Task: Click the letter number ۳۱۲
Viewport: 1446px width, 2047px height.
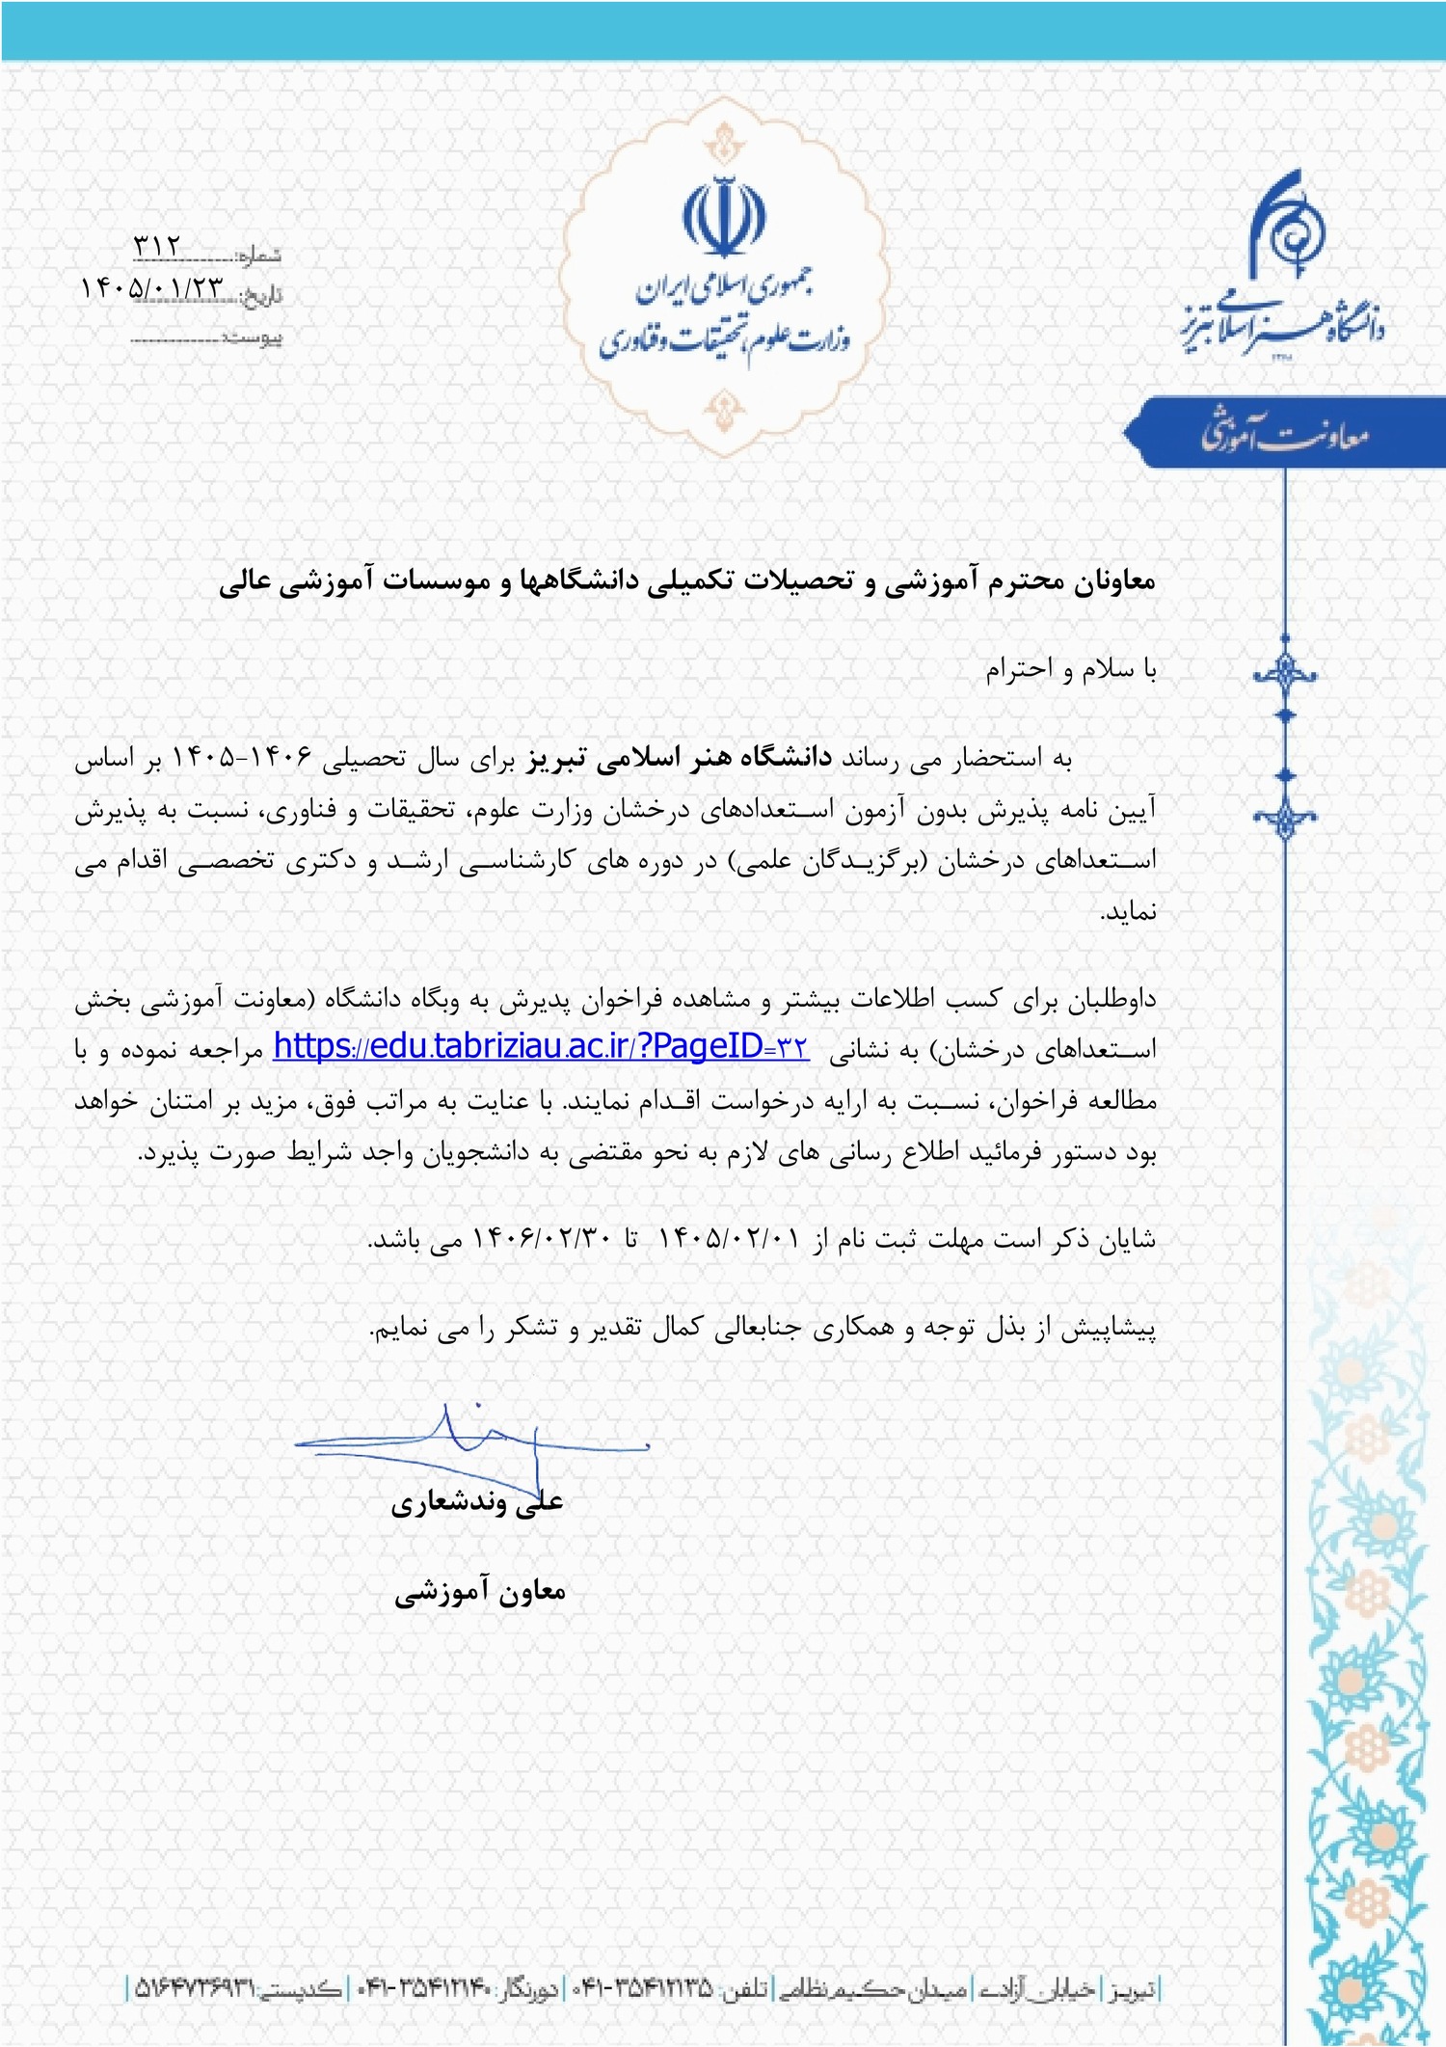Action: pos(157,247)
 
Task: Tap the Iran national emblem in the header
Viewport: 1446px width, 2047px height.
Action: pos(724,216)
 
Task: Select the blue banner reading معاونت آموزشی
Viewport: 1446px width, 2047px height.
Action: pos(1284,433)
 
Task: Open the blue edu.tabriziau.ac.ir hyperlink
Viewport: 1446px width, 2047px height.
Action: pos(541,1047)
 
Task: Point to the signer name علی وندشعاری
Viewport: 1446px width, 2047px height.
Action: pos(477,1503)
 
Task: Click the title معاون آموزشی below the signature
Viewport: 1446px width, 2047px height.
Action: pos(479,1592)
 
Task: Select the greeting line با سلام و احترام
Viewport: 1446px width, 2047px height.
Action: pos(1070,669)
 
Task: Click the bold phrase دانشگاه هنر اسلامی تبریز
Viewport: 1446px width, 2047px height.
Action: pos(679,759)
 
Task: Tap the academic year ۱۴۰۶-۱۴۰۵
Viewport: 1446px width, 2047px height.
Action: pos(243,759)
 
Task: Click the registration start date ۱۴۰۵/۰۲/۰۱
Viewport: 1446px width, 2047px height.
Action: pos(729,1239)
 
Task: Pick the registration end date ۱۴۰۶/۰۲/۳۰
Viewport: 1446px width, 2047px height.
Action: pos(542,1239)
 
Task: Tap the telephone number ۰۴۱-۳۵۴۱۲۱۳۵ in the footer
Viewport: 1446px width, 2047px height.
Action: pos(643,1988)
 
